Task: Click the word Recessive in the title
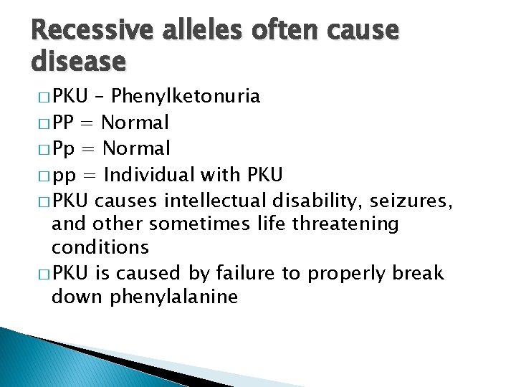click(90, 30)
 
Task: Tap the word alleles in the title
click(203, 30)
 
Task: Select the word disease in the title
click(79, 62)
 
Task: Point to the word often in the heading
click(287, 30)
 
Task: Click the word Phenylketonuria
click(186, 97)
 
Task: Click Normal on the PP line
click(136, 123)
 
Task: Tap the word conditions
click(100, 248)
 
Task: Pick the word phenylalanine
click(173, 297)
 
